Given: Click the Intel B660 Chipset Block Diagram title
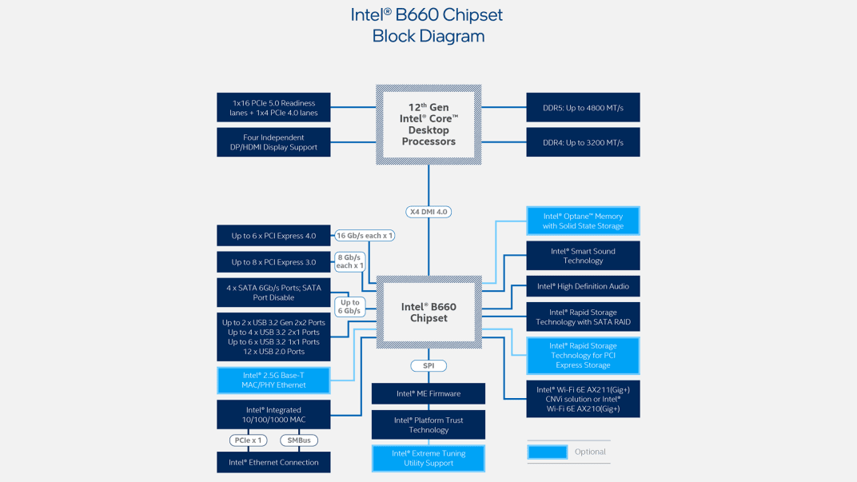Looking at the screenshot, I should point(428,26).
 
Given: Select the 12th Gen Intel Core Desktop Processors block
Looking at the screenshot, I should point(428,125).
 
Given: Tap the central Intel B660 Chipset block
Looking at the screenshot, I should point(428,313).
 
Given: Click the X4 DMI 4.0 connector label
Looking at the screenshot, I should point(428,212).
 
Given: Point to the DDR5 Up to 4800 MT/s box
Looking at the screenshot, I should point(583,108).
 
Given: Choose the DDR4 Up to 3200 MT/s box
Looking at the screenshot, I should point(583,142).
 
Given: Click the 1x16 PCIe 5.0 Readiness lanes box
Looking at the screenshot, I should point(273,108).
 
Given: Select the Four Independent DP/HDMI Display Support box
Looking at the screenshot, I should point(273,142).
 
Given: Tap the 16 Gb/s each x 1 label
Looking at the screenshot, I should point(365,236).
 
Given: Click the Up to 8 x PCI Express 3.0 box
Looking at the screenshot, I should point(273,262).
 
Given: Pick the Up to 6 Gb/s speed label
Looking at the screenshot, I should point(349,307).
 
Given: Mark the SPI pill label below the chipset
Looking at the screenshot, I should point(428,365).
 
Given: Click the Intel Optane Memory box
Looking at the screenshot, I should point(583,221).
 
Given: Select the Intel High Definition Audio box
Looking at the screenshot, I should point(583,286).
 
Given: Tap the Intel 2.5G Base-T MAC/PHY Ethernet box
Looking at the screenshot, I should point(273,380).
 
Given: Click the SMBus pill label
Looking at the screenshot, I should point(298,440).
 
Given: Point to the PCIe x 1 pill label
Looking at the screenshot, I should point(246,440).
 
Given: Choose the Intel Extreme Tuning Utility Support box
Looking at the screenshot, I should point(428,458).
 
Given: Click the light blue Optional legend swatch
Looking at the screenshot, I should point(548,452).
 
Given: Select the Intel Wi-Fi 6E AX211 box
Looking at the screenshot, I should point(583,399).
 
